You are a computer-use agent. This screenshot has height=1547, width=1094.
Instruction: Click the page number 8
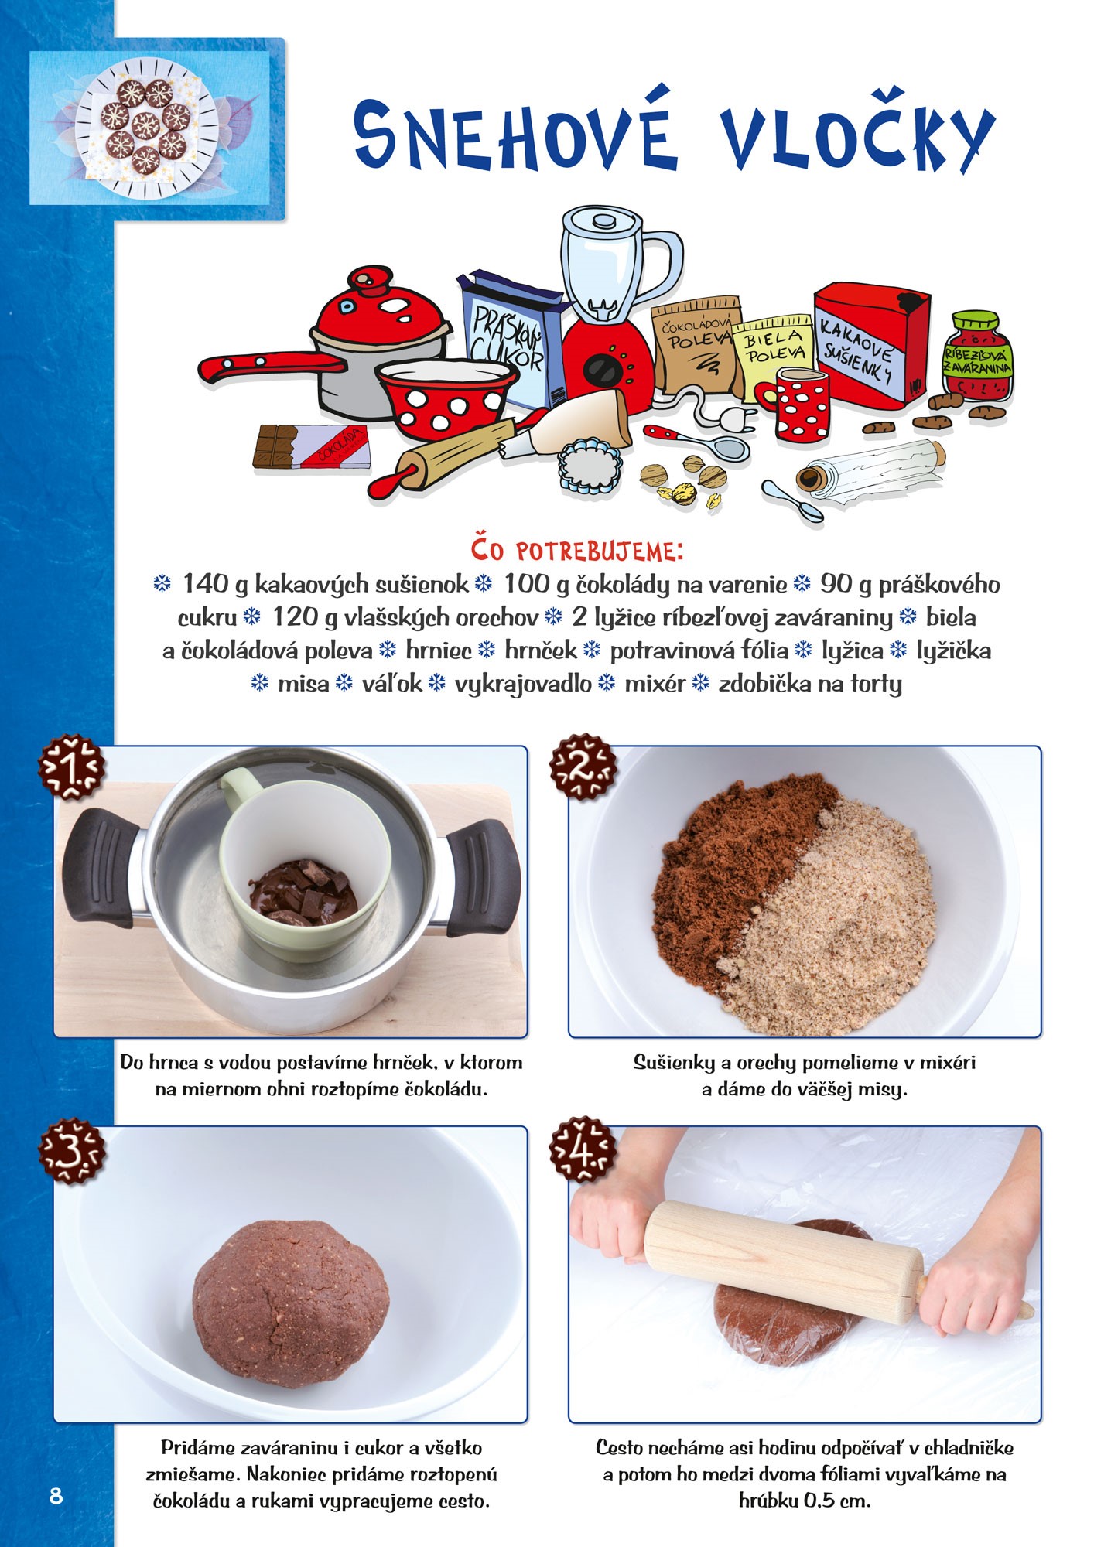pos(56,1495)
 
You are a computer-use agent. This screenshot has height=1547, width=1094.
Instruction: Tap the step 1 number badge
pos(72,767)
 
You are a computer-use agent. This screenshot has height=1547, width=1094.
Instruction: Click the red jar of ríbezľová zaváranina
pos(978,355)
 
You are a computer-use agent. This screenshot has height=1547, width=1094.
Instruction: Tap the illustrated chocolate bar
pos(312,448)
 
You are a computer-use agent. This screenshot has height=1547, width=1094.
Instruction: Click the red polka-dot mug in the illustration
pos(798,402)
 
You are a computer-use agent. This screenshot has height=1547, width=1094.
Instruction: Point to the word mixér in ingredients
pos(655,684)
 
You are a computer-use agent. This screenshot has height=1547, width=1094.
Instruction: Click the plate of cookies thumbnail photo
pos(149,128)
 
